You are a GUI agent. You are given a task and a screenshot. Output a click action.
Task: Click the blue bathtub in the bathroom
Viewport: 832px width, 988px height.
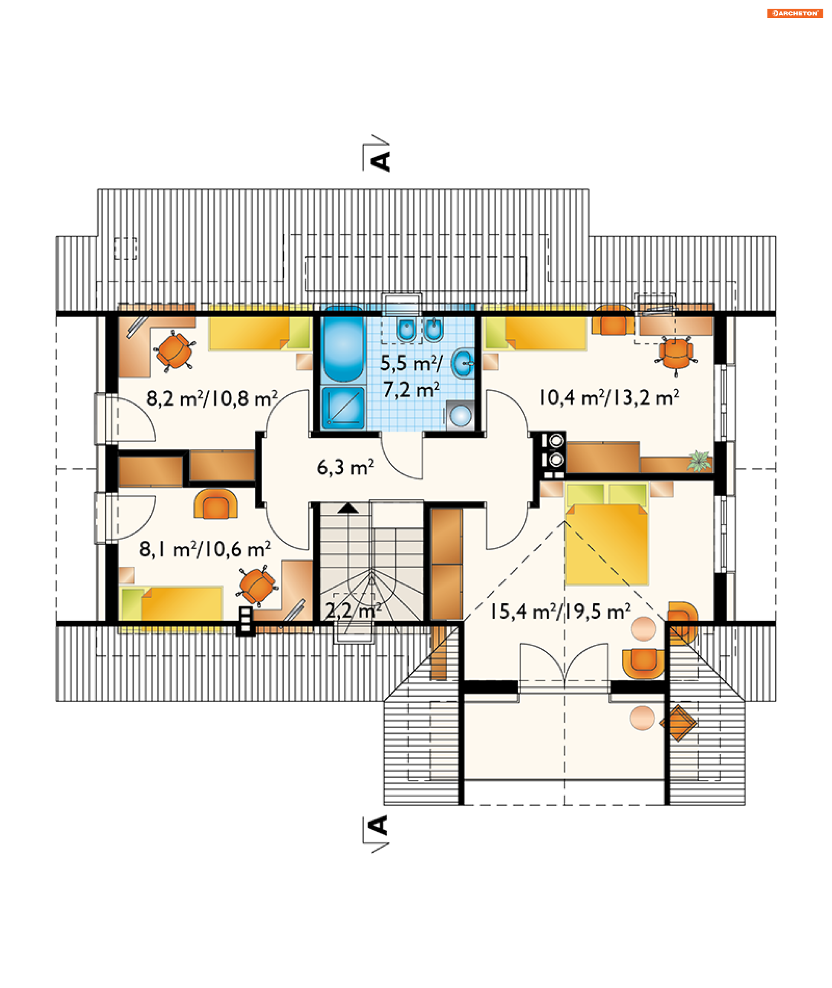(x=343, y=344)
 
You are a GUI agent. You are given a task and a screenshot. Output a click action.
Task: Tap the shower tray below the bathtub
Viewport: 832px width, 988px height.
(x=343, y=408)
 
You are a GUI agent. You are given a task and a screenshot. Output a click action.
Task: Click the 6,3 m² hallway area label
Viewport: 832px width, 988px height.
(x=345, y=468)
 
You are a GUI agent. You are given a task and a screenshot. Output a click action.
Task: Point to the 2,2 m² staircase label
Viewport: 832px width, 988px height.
(x=353, y=611)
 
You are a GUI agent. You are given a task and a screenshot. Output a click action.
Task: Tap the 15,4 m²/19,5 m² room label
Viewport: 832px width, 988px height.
(x=560, y=612)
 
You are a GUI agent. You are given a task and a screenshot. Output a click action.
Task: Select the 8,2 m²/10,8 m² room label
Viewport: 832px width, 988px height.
(x=212, y=399)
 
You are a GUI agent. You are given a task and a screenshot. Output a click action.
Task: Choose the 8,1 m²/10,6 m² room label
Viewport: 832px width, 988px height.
(x=205, y=549)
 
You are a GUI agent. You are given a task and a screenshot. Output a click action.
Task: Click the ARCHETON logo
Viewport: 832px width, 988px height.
(x=795, y=13)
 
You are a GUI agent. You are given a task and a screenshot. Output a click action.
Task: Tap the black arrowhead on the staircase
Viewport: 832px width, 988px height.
(x=348, y=508)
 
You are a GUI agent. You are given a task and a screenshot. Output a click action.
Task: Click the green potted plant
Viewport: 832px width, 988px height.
(x=699, y=461)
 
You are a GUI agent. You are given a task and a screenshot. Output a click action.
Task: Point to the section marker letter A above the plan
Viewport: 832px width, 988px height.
(x=380, y=161)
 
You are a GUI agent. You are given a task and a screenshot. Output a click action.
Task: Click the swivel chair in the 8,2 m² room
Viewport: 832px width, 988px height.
(x=174, y=351)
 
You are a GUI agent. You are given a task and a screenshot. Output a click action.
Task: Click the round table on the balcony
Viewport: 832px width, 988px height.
(x=642, y=718)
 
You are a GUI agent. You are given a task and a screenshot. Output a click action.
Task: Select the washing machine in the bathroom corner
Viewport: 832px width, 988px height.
(x=460, y=415)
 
